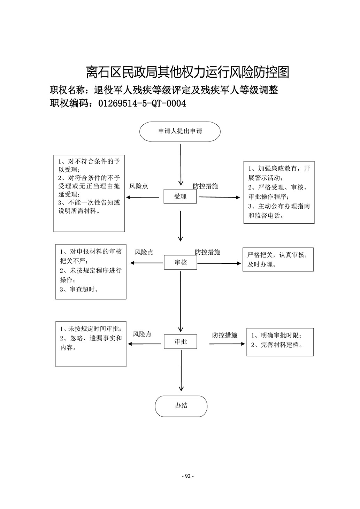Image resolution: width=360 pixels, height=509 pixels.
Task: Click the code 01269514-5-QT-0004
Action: tap(142, 103)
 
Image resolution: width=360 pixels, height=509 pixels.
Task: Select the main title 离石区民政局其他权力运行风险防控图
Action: tap(187, 72)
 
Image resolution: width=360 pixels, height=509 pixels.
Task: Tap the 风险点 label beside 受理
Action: tap(139, 186)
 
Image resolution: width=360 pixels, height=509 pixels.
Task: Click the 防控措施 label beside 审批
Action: tap(224, 335)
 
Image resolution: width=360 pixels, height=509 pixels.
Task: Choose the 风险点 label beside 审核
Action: tap(144, 252)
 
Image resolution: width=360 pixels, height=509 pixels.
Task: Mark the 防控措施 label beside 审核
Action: tap(207, 252)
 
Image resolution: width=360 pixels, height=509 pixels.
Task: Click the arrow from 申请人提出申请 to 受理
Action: tap(181, 165)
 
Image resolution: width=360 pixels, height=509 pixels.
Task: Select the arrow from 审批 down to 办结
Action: tap(181, 370)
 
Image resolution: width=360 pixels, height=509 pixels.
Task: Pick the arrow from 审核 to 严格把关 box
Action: tap(219, 263)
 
